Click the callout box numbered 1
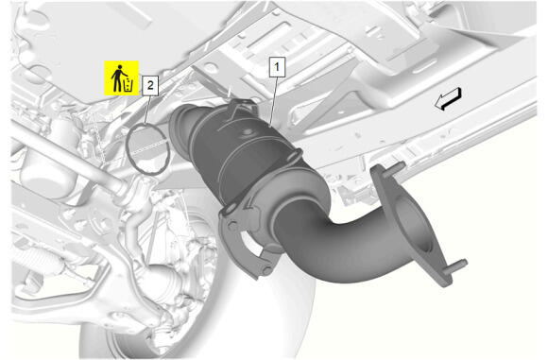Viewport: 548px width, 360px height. [x=277, y=67]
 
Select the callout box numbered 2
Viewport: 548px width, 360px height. [x=150, y=85]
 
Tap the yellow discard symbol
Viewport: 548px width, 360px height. [x=122, y=77]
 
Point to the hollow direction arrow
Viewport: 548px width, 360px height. [x=449, y=98]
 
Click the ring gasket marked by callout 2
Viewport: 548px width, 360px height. [x=128, y=150]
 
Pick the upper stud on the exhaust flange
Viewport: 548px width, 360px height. [x=398, y=166]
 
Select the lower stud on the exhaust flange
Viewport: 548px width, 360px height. [x=458, y=264]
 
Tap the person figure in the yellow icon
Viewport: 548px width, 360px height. [x=117, y=77]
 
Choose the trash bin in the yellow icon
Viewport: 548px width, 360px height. [x=128, y=86]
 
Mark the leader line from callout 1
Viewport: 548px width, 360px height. [x=274, y=101]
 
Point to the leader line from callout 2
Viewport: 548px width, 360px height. [x=147, y=111]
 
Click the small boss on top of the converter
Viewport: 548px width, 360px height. [x=248, y=132]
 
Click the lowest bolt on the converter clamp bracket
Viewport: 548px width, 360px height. [x=267, y=270]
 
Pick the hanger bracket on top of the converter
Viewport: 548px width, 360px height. [x=242, y=106]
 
